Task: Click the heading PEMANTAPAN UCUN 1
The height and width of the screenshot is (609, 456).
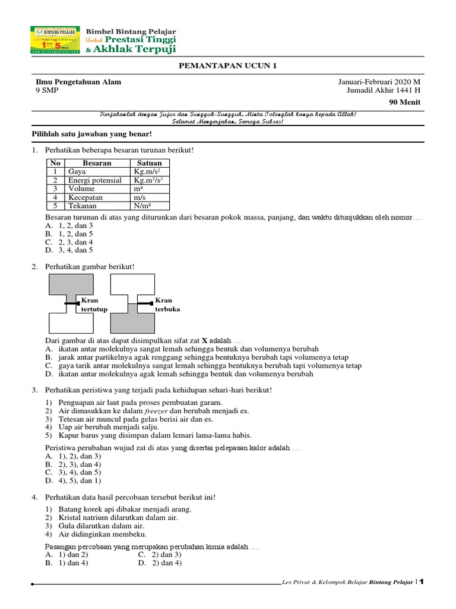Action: coord(228,66)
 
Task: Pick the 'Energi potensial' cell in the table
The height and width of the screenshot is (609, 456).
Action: coord(95,180)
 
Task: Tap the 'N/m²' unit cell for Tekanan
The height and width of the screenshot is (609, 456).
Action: coord(144,206)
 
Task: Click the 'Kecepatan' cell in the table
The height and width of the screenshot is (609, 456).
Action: coord(86,197)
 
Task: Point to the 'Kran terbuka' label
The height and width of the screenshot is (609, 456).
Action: coord(167,305)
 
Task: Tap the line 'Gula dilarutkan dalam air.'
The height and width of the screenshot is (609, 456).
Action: coord(101,526)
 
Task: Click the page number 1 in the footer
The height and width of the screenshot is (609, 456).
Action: coord(422,582)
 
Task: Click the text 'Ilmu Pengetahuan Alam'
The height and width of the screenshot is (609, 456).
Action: coord(78,82)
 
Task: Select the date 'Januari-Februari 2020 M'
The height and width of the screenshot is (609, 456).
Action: coord(379,82)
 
